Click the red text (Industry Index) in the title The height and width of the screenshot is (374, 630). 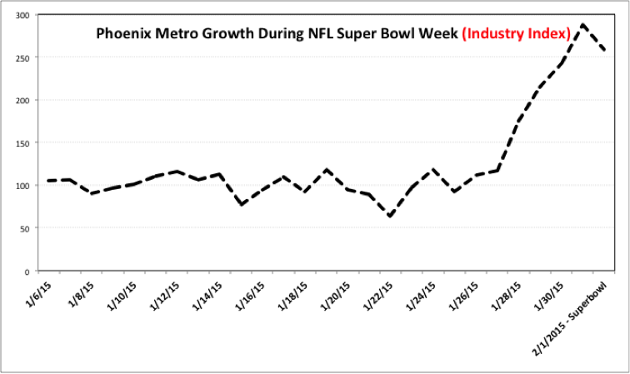tap(516, 35)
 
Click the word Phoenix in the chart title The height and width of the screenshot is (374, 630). tap(122, 35)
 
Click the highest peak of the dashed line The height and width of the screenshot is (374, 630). tap(583, 25)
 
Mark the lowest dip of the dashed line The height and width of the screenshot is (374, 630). tap(389, 217)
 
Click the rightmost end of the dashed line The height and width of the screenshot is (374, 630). tap(604, 51)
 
